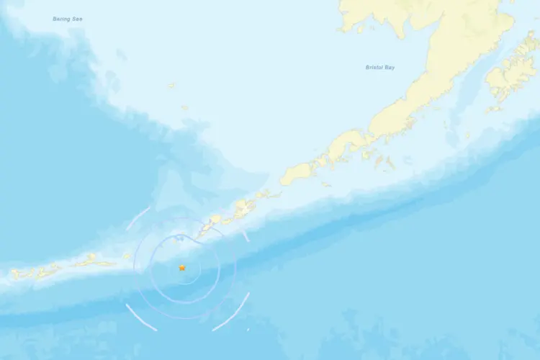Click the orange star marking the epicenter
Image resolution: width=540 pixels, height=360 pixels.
click(x=182, y=268)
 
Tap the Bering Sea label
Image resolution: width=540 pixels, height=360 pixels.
click(x=68, y=19)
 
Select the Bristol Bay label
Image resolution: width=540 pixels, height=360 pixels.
click(x=379, y=68)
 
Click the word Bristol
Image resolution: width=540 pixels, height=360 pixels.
click(x=374, y=68)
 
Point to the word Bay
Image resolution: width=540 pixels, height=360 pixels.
click(x=390, y=68)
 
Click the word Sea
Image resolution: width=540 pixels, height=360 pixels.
click(x=77, y=19)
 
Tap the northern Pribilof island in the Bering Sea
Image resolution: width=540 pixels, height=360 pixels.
click(x=171, y=86)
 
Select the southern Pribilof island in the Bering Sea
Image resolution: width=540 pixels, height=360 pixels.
click(x=185, y=109)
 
